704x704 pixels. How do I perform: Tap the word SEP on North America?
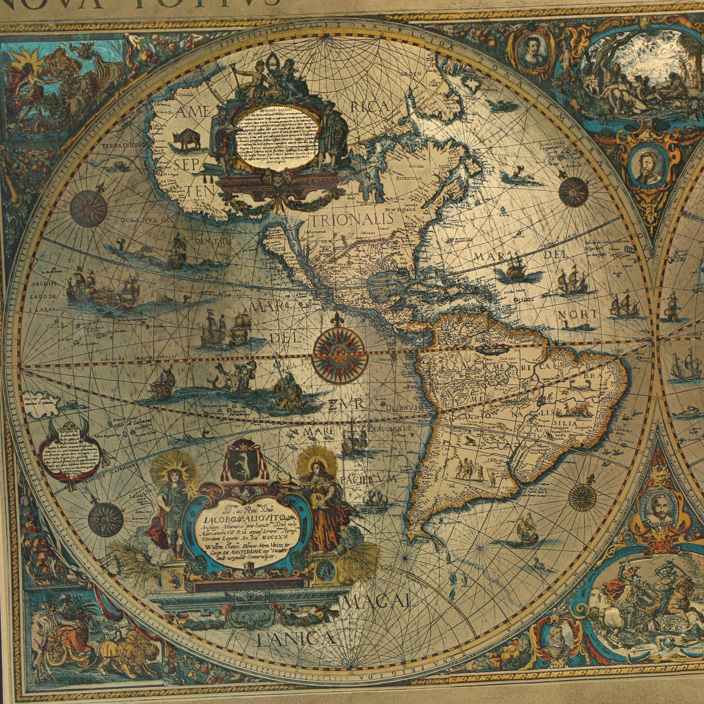tap(186, 166)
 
